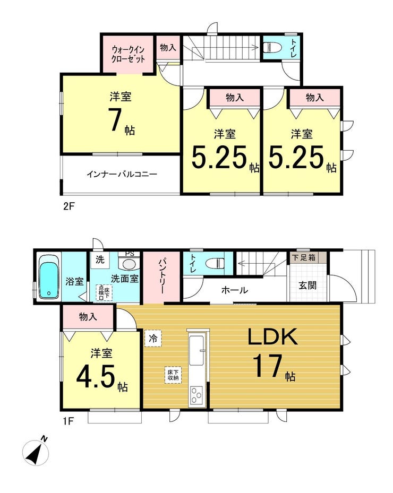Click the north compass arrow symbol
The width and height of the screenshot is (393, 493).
(x=36, y=452)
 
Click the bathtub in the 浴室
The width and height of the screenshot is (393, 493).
(x=48, y=278)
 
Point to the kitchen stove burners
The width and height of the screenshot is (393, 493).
(x=196, y=394)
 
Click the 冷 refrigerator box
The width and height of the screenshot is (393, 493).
(x=152, y=338)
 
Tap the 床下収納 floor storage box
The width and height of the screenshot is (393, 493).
(x=173, y=375)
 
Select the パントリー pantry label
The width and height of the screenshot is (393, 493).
(x=161, y=277)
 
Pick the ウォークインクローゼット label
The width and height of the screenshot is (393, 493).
(x=127, y=55)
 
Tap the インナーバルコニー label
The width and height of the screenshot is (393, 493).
(x=122, y=174)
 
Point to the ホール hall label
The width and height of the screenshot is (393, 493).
(x=234, y=290)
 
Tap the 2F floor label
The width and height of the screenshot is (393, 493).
(x=66, y=206)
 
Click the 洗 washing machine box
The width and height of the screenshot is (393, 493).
(x=99, y=260)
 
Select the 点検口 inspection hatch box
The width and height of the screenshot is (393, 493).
(x=102, y=292)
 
